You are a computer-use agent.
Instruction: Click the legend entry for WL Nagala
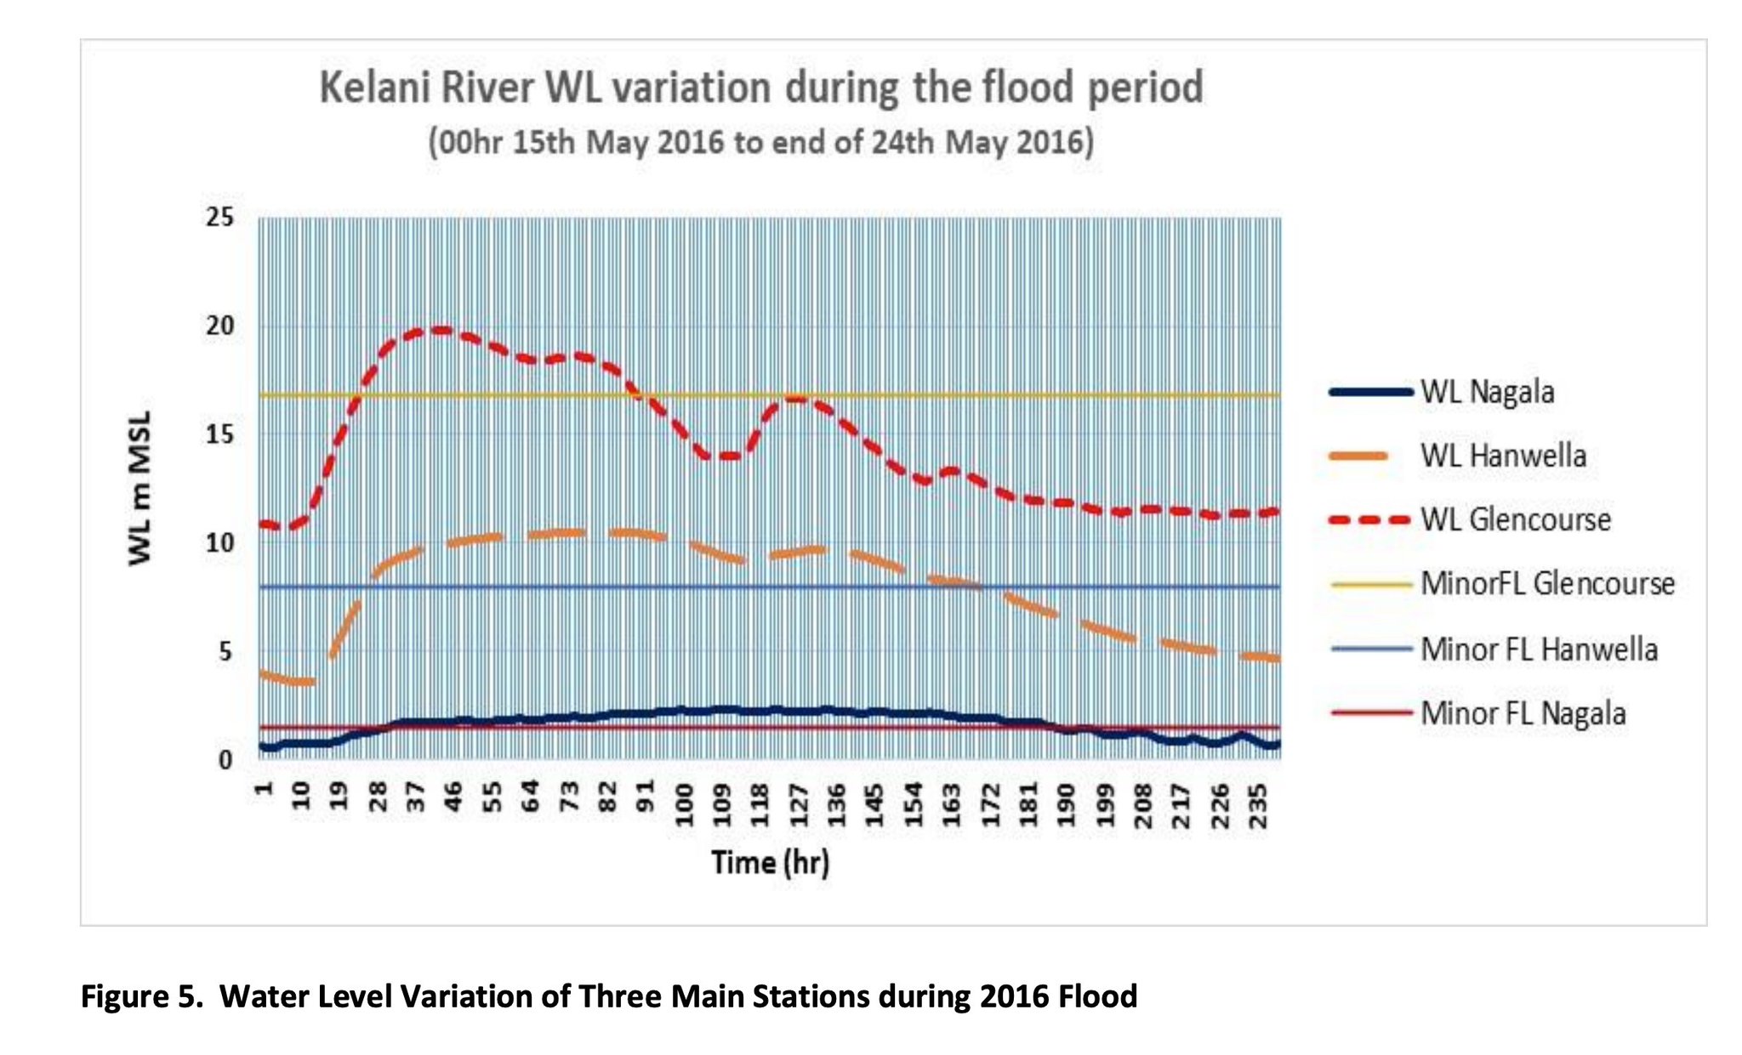[1442, 392]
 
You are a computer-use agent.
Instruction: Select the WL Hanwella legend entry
[1457, 456]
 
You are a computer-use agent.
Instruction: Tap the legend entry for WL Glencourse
[1470, 519]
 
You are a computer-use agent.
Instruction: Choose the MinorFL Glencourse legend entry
[1502, 583]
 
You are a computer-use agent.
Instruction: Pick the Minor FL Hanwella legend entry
[1494, 649]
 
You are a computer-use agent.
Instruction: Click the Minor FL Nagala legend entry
[1477, 712]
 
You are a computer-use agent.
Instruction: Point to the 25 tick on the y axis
[219, 217]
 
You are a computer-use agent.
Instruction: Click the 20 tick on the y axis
[219, 326]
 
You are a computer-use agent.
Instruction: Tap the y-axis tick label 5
[225, 651]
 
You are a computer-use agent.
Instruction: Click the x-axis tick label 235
[1259, 803]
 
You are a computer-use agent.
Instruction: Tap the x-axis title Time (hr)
[771, 862]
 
